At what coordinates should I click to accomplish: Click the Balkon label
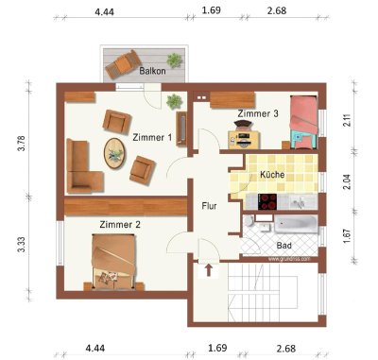153,71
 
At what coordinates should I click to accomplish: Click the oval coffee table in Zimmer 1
114,152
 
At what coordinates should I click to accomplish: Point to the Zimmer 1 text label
152,137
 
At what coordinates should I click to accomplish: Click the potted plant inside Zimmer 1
174,100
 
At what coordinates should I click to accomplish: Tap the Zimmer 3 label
258,113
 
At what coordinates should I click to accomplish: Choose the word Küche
272,176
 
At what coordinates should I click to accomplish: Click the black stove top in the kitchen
267,201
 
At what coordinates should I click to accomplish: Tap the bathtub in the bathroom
294,225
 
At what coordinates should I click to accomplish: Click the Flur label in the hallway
210,205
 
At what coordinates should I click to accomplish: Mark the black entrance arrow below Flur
209,269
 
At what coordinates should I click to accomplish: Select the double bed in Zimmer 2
114,260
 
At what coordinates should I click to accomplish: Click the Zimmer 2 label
120,225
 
